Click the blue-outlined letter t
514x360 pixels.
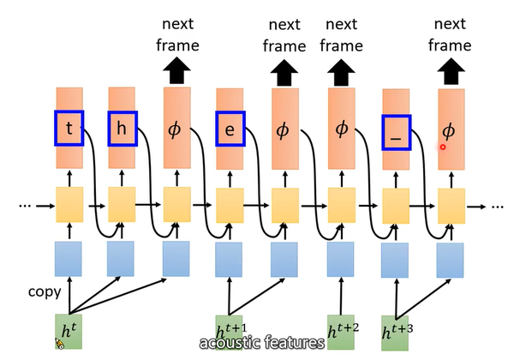69,128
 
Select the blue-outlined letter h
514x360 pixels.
122,128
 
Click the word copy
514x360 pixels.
43,291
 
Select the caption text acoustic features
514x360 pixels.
261,343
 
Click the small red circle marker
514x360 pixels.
443,147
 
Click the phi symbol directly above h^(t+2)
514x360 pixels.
342,129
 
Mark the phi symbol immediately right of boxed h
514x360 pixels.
176,130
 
